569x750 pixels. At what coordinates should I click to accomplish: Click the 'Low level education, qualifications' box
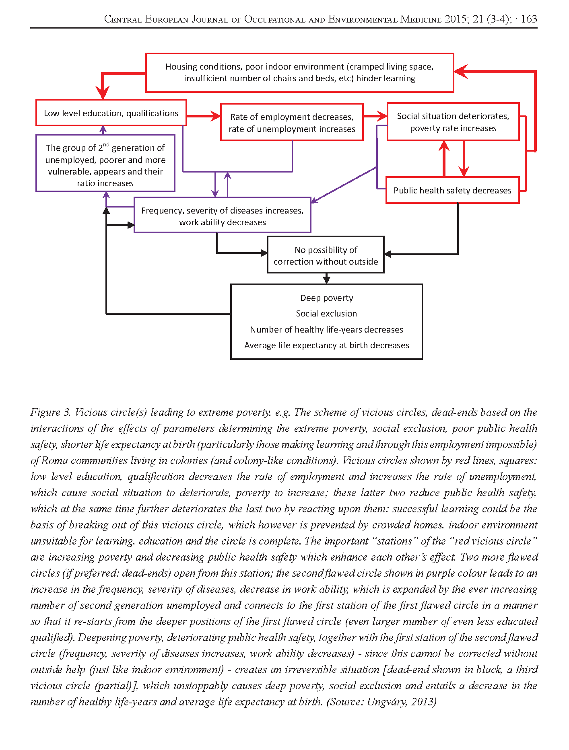pyautogui.click(x=111, y=113)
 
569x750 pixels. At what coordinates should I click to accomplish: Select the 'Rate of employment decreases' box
pyautogui.click(x=292, y=122)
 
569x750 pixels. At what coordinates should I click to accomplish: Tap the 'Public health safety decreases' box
pyautogui.click(x=452, y=190)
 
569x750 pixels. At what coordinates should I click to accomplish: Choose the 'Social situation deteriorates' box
pyautogui.click(x=453, y=122)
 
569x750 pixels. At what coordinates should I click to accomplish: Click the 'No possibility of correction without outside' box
pyautogui.click(x=326, y=255)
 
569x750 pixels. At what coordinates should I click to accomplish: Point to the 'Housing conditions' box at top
pyautogui.click(x=299, y=72)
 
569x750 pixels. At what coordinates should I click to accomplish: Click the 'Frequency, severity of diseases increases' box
pyautogui.click(x=222, y=216)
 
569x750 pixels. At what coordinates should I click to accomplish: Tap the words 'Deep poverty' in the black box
pyautogui.click(x=326, y=298)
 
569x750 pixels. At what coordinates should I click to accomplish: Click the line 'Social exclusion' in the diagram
pyautogui.click(x=326, y=314)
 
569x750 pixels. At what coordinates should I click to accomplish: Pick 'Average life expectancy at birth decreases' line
pyautogui.click(x=326, y=345)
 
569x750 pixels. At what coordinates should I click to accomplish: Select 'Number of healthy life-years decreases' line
pyautogui.click(x=326, y=330)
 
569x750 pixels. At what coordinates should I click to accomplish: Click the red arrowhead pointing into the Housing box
pyautogui.click(x=460, y=72)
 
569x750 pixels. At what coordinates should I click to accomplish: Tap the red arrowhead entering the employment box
pyautogui.click(x=216, y=117)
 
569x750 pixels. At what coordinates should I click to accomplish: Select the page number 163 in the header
pyautogui.click(x=529, y=19)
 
